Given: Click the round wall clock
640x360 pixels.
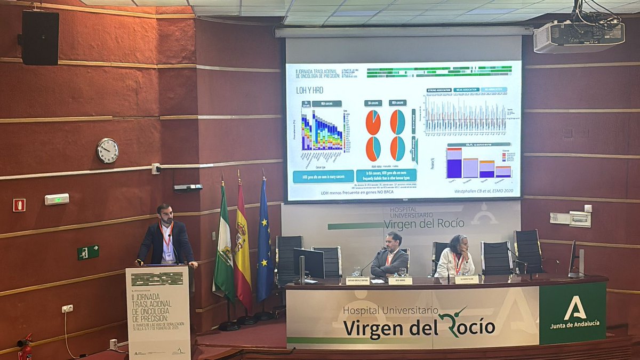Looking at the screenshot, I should point(108,150).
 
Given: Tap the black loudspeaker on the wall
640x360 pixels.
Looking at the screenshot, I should point(40,38).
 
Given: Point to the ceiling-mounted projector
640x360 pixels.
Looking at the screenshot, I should point(579,36).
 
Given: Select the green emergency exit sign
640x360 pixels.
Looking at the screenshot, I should point(88,252).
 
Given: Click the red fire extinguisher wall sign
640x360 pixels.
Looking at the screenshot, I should point(19,205).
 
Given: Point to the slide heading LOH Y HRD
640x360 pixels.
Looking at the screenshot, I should point(309,90).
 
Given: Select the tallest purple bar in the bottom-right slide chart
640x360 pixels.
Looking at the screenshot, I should point(454,165).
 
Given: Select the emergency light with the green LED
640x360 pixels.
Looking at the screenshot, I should point(57,199).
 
